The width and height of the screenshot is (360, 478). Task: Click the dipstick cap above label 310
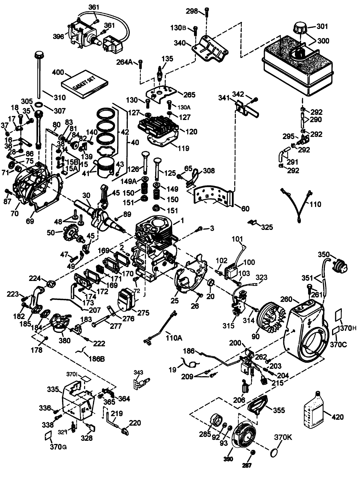click(38, 54)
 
